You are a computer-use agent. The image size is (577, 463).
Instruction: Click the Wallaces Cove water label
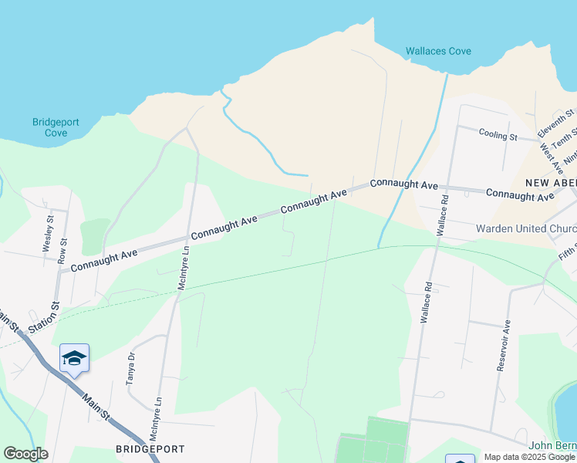coord(438,52)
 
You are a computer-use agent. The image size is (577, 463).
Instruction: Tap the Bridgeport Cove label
coord(50,127)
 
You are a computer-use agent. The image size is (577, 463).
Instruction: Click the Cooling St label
coord(498,135)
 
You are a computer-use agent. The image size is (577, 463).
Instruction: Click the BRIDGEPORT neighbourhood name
coord(150,448)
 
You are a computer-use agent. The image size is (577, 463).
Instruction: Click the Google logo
coord(25,454)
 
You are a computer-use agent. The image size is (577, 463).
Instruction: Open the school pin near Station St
coord(74,358)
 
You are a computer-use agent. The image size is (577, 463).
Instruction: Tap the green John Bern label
coord(552,446)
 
